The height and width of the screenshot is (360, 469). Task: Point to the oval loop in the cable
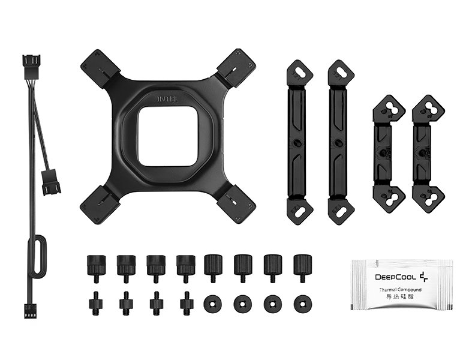click(x=38, y=257)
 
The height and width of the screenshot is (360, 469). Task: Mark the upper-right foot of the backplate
click(x=236, y=68)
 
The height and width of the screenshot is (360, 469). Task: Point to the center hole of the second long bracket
click(x=341, y=143)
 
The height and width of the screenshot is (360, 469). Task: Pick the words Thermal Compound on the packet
click(x=400, y=290)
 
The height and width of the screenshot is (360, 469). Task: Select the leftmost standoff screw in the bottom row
click(x=95, y=302)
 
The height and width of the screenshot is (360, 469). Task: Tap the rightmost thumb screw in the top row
click(x=301, y=268)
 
